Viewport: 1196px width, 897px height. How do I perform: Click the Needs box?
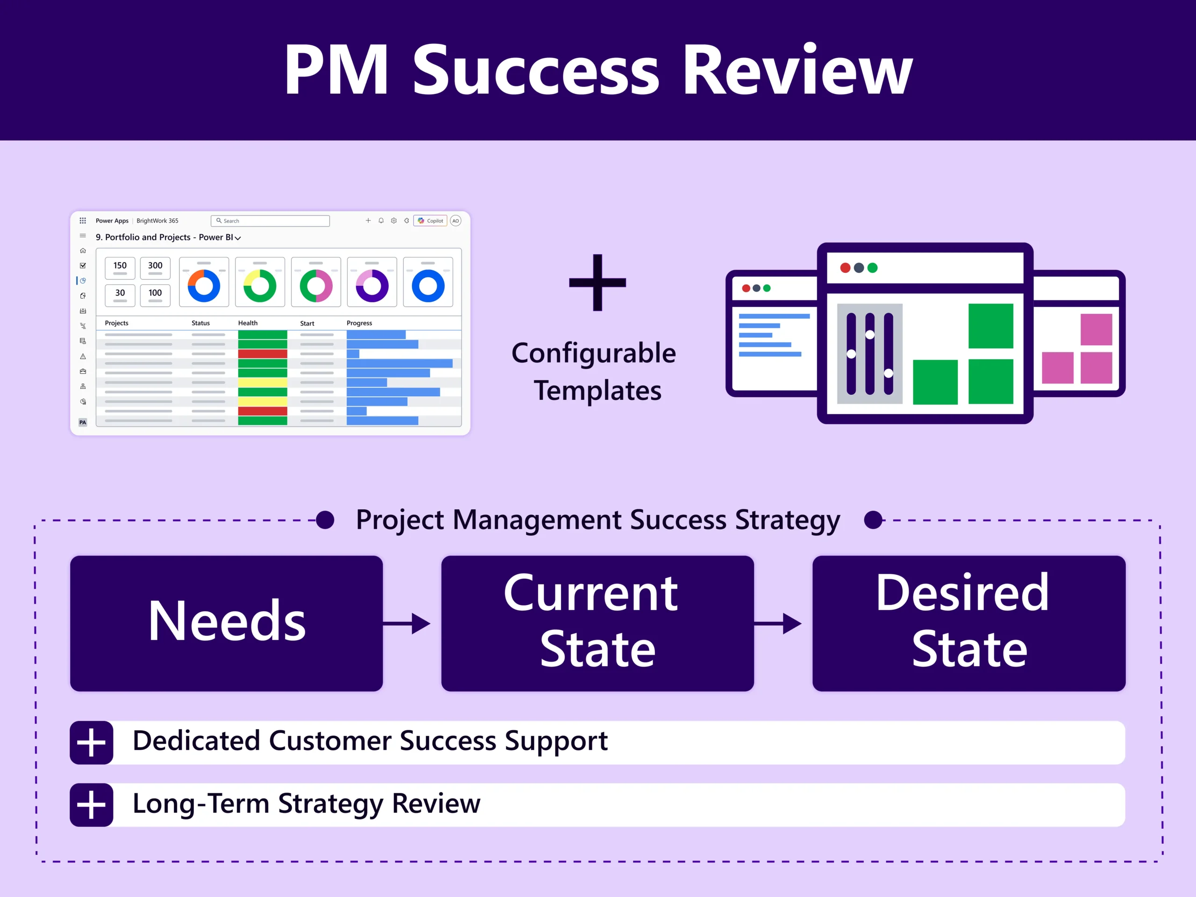226,623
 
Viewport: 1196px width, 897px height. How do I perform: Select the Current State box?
597,623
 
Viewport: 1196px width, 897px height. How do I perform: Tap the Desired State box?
968,623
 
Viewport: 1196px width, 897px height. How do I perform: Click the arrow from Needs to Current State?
407,623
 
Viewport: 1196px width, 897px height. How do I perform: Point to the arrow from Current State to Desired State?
778,623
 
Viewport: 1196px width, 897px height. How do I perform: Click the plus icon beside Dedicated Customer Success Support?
92,742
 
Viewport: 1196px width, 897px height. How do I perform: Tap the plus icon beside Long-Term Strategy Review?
92,804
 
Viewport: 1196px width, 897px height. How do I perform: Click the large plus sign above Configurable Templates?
597,282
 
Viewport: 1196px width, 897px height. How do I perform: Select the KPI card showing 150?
120,268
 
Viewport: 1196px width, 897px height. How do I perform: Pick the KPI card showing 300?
155,268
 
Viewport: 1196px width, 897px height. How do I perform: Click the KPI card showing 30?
120,295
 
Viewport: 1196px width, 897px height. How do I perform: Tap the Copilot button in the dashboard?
430,221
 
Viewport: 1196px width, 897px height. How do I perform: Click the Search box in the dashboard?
271,221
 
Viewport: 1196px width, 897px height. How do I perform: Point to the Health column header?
248,323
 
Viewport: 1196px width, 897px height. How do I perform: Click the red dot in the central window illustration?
845,268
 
